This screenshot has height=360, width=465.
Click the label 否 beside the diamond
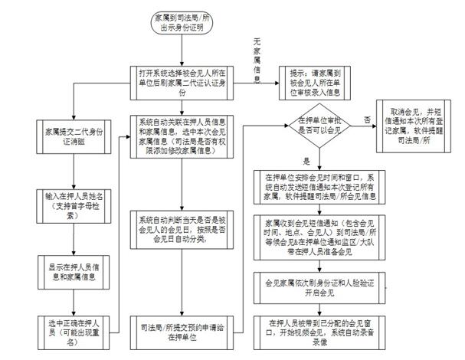(366, 120)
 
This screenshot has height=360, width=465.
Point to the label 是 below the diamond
(305, 161)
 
